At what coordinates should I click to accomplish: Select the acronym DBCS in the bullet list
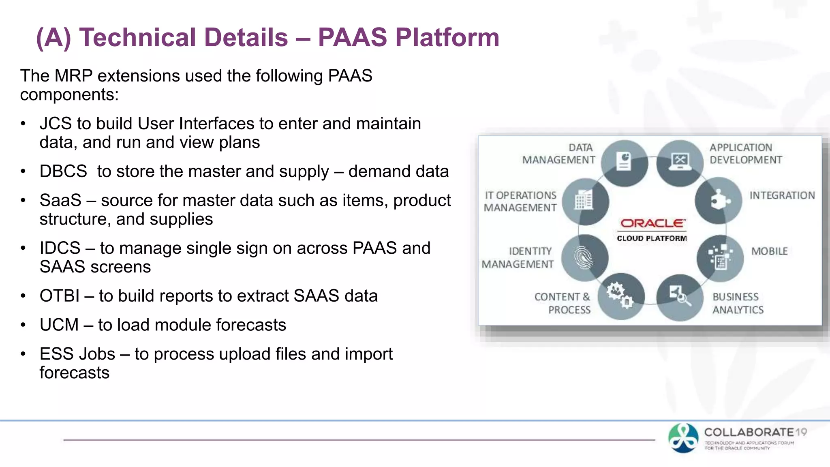(63, 171)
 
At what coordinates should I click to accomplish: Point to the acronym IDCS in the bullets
(60, 248)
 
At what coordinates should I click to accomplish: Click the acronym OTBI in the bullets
(59, 296)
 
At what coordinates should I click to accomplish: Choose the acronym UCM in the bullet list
(59, 325)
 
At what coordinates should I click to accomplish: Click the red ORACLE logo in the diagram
(652, 223)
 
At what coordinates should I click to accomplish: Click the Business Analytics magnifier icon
(680, 297)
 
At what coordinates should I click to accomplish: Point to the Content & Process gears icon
(620, 296)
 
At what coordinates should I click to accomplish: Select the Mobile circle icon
(720, 258)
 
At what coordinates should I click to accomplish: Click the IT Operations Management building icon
(585, 201)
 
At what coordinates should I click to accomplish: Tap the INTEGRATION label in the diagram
(782, 195)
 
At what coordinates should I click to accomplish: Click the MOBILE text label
(769, 251)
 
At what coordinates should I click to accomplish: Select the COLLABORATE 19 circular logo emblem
(683, 438)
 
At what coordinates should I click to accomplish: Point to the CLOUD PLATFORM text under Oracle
(652, 238)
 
